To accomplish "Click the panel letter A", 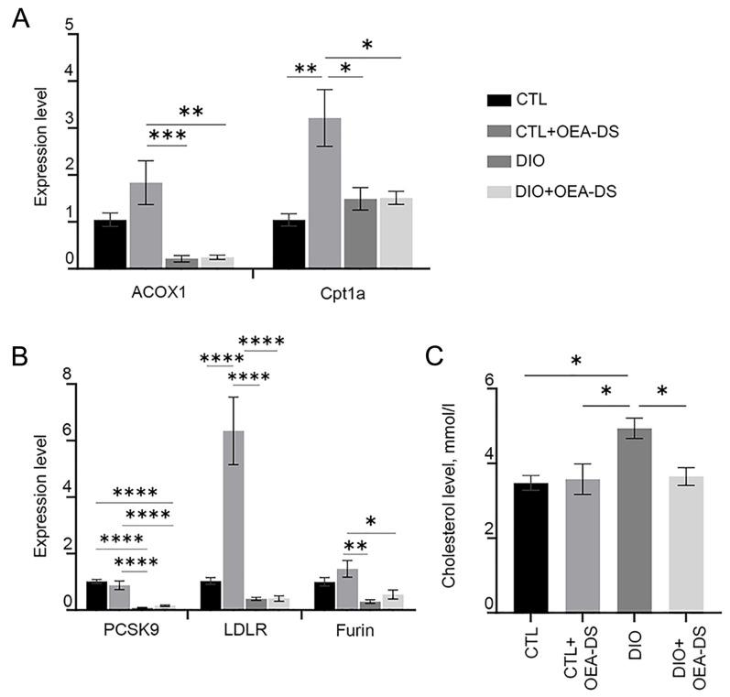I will [19, 18].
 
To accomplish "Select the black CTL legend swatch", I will [501, 100].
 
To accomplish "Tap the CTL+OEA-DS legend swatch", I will [501, 130].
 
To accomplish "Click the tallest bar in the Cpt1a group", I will [326, 193].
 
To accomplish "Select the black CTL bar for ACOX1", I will [110, 244].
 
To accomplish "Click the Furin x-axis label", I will [359, 632].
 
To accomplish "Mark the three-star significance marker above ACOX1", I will [168, 136].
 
